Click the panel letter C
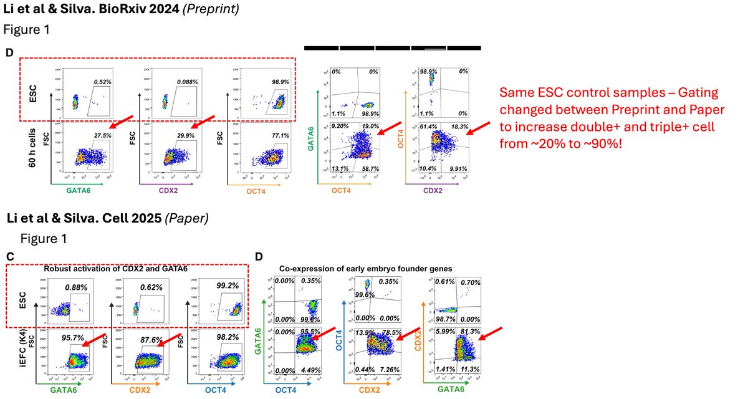point(9,256)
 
